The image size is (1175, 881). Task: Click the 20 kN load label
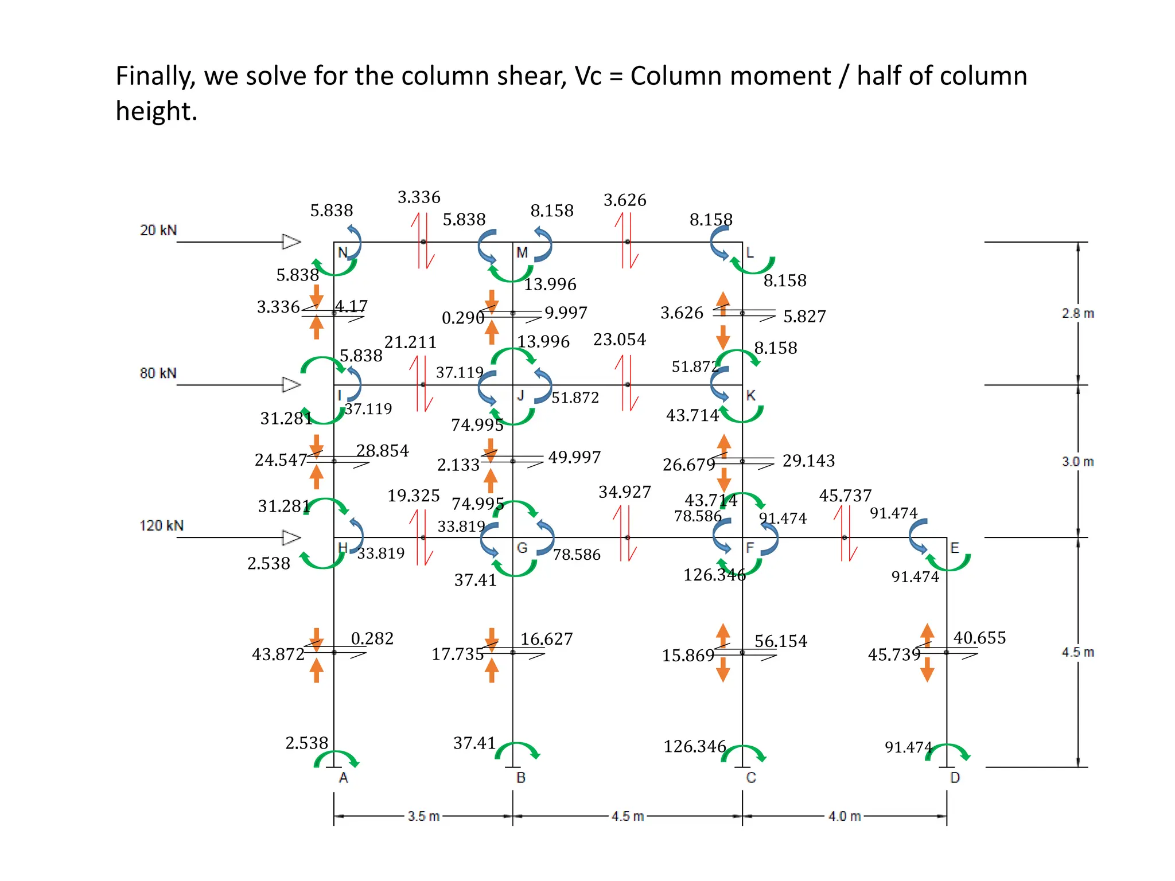click(158, 230)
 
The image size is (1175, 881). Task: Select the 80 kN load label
click(158, 373)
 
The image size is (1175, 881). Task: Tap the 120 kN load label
click(161, 525)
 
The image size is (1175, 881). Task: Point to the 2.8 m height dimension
click(1077, 313)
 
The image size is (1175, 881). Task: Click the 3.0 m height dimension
click(1077, 462)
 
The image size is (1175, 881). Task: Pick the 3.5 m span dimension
click(423, 816)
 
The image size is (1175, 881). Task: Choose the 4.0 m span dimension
click(845, 816)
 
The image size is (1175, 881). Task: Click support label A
click(343, 778)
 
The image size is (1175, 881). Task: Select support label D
click(955, 778)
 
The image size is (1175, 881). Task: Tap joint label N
click(343, 252)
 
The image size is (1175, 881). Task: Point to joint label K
click(750, 395)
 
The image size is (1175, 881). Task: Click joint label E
click(955, 548)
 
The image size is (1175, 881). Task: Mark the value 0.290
click(462, 318)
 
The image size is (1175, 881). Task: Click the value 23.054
click(619, 340)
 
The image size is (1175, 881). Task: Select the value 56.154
click(780, 641)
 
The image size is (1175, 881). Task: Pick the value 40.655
click(979, 638)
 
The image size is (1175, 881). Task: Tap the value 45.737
click(845, 496)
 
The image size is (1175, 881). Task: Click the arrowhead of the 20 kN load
click(291, 241)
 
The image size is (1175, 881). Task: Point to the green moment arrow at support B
click(518, 750)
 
